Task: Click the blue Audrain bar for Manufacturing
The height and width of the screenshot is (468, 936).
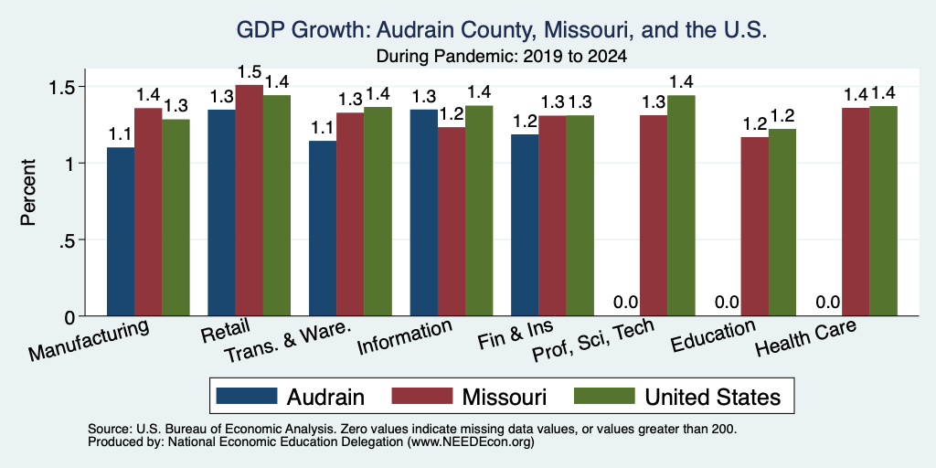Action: [121, 231]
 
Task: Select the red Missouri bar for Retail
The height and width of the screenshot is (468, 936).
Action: [249, 200]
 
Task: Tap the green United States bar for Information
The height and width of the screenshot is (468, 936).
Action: [479, 211]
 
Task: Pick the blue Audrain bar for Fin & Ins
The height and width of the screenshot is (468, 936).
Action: [525, 225]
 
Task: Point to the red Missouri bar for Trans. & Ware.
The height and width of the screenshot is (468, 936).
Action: [350, 214]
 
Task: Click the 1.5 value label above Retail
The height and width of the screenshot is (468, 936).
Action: [249, 71]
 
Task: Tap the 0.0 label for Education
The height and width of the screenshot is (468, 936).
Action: [727, 302]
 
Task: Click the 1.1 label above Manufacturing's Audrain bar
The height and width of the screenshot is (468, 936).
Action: [120, 134]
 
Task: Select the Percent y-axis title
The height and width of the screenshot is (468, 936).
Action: [28, 192]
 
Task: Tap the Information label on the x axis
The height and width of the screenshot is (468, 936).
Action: [404, 337]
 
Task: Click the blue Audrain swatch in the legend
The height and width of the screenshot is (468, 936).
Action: [247, 397]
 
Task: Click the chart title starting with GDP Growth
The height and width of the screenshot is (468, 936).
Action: [502, 30]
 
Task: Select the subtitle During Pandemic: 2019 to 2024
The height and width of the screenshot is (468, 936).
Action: [502, 58]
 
